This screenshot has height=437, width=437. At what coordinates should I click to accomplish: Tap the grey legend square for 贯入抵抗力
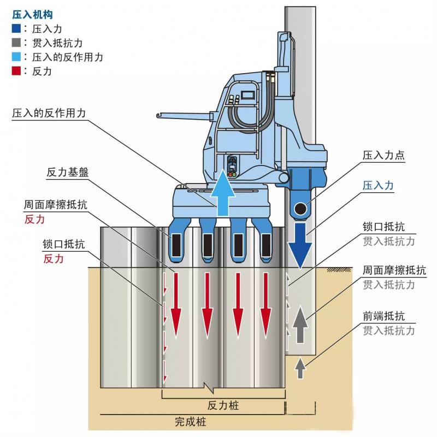pyautogui.click(x=16, y=43)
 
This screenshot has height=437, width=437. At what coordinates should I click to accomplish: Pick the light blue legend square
pyautogui.click(x=16, y=57)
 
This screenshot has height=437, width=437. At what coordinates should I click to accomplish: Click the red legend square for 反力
pyautogui.click(x=16, y=71)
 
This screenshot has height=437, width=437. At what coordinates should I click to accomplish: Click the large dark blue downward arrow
pyautogui.click(x=299, y=244)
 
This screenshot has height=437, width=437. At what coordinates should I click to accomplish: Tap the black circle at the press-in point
pyautogui.click(x=300, y=209)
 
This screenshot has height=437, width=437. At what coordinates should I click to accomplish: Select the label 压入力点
pyautogui.click(x=384, y=156)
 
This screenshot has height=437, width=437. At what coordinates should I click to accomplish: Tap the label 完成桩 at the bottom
pyautogui.click(x=191, y=422)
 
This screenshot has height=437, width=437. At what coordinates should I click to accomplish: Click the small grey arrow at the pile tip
pyautogui.click(x=299, y=369)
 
